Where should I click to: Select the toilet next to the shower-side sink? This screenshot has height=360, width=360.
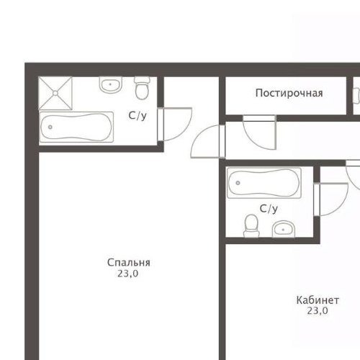tap(141, 89)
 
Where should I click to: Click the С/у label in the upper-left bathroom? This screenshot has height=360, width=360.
tap(138, 115)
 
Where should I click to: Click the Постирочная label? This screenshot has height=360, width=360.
tap(289, 93)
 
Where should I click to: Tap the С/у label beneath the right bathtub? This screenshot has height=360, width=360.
tap(269, 209)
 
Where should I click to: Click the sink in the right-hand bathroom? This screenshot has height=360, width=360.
tap(284, 230)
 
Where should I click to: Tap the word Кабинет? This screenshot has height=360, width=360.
tap(318, 300)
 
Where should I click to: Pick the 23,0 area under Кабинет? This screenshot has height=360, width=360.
tap(318, 311)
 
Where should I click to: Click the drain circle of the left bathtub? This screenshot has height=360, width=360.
tap(50, 127)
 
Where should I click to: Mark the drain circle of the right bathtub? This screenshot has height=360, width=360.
tap(236, 183)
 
